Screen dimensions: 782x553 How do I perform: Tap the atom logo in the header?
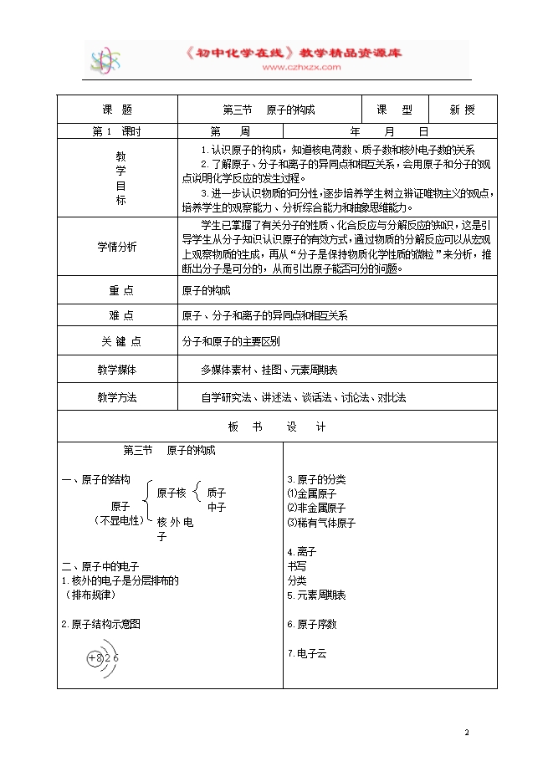(x=106, y=60)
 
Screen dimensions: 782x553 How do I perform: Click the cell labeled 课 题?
(x=116, y=110)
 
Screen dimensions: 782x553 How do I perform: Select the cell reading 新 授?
(x=462, y=110)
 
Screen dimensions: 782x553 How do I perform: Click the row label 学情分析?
(x=116, y=247)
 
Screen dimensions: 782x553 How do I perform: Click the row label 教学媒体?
(x=116, y=370)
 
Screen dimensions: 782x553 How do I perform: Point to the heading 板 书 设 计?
(x=276, y=427)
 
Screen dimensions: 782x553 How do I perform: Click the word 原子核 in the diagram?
(x=172, y=493)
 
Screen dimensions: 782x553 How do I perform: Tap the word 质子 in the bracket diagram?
(x=217, y=493)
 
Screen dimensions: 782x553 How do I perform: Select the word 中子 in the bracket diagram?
(x=217, y=507)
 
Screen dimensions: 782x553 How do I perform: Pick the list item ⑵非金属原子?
(x=316, y=508)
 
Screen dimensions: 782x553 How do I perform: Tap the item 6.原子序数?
(x=311, y=624)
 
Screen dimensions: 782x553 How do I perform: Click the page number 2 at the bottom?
(x=469, y=733)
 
